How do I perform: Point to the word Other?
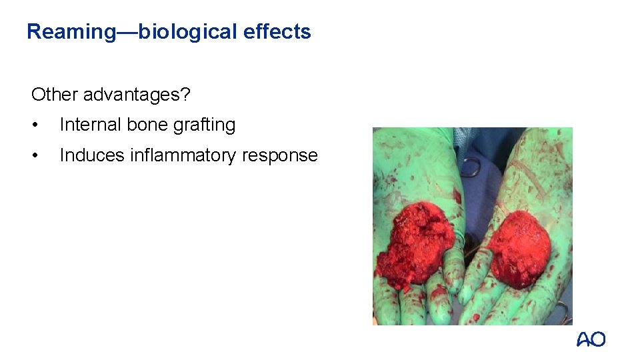55,95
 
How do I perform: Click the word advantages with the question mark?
136,95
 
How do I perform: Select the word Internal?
89,125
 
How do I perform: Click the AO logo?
591,340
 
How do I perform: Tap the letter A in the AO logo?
583,340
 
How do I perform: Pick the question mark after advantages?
186,95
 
